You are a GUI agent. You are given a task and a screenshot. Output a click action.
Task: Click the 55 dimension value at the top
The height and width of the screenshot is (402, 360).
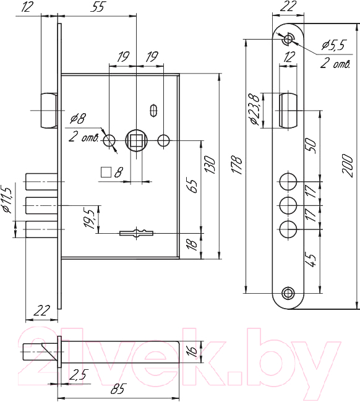coord(98,7)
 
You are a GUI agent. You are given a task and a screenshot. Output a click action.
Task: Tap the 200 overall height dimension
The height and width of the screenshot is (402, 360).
coord(348,166)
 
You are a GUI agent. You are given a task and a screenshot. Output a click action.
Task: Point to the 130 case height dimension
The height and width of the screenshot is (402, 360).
coord(210,165)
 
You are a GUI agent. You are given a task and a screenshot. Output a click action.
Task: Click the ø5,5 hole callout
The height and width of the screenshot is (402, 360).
coord(333,45)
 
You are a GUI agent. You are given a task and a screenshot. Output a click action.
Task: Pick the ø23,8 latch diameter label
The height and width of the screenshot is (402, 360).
coord(257,109)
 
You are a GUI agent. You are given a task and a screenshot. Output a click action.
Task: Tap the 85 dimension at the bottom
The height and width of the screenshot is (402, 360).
coord(118,388)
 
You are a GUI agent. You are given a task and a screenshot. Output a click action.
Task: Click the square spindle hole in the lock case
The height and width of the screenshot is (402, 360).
coord(136,141)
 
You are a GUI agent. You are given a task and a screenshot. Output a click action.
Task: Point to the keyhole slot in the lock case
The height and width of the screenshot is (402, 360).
coord(137,233)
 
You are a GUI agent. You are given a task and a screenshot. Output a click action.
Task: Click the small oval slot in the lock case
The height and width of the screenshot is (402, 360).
coord(153,111)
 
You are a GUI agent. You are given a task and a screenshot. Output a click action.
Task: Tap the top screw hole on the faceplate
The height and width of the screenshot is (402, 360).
coord(288,39)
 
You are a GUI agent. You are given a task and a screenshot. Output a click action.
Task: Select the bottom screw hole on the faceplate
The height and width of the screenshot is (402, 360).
coord(288,293)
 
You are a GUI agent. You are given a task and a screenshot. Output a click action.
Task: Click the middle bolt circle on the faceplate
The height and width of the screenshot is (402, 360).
coord(288,206)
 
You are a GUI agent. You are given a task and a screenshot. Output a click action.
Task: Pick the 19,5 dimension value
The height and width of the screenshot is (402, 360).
coord(90,218)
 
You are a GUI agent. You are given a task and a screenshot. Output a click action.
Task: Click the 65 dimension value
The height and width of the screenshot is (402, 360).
coord(193,187)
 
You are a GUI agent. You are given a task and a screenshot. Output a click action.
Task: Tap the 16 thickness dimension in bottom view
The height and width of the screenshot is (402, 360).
coord(194,352)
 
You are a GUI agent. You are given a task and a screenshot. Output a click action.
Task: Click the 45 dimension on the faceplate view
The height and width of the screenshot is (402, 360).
coord(311,261)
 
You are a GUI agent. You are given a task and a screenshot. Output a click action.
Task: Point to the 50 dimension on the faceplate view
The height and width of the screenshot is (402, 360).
coord(311,146)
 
